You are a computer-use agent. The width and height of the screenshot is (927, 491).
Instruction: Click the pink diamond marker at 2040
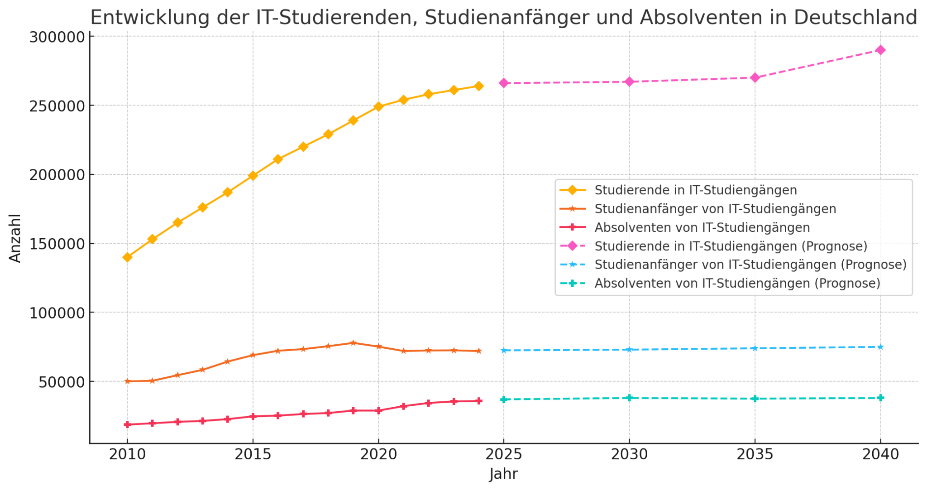click(x=880, y=50)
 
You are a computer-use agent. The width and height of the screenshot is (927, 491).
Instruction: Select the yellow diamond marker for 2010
click(x=127, y=257)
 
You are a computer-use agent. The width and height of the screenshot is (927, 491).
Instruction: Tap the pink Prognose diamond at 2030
click(x=629, y=82)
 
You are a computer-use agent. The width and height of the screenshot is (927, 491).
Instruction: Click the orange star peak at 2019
click(x=353, y=343)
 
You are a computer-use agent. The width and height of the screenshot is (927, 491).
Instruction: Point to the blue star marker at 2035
click(x=755, y=348)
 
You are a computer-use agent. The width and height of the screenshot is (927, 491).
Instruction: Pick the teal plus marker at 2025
click(x=503, y=400)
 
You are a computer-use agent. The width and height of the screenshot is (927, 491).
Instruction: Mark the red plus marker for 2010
click(x=127, y=425)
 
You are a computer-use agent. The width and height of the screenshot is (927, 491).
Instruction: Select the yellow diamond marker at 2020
click(x=378, y=107)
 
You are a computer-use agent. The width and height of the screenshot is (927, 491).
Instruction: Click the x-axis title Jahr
click(x=503, y=474)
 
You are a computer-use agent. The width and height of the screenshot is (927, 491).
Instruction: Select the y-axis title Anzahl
click(x=15, y=238)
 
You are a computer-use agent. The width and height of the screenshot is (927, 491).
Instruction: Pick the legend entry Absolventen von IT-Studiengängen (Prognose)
click(x=737, y=284)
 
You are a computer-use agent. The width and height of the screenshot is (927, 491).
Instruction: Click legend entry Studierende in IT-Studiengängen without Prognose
click(x=695, y=190)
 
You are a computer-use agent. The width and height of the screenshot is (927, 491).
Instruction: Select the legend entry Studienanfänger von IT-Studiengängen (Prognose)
click(x=750, y=265)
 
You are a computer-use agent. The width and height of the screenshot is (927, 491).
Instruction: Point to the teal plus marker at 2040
click(x=880, y=398)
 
